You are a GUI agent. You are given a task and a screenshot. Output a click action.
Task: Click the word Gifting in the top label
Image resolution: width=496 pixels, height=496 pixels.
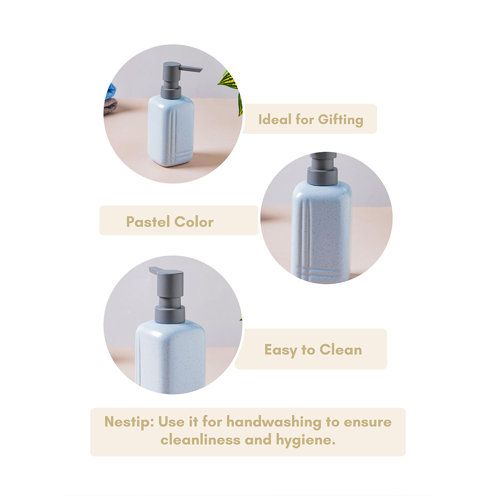click(x=340, y=120)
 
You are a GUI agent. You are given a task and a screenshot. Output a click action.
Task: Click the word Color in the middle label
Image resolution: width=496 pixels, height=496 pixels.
click(x=194, y=222)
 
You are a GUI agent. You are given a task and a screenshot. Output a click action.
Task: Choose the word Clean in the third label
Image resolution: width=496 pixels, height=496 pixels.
click(x=341, y=350)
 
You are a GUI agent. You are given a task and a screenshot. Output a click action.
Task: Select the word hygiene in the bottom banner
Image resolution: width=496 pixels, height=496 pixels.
click(x=305, y=440)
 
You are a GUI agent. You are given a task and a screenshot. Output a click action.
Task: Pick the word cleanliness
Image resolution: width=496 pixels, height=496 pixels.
click(x=200, y=439)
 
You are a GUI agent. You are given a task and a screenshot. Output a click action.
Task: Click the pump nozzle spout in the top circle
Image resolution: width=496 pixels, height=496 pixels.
click(x=191, y=69)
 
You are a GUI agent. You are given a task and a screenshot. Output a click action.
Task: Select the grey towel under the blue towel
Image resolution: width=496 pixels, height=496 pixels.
click(x=110, y=105)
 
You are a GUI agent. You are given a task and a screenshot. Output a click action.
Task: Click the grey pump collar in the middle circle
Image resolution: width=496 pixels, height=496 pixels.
click(x=322, y=175)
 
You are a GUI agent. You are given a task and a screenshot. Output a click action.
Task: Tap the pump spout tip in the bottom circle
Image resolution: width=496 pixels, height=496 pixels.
click(x=150, y=269)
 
